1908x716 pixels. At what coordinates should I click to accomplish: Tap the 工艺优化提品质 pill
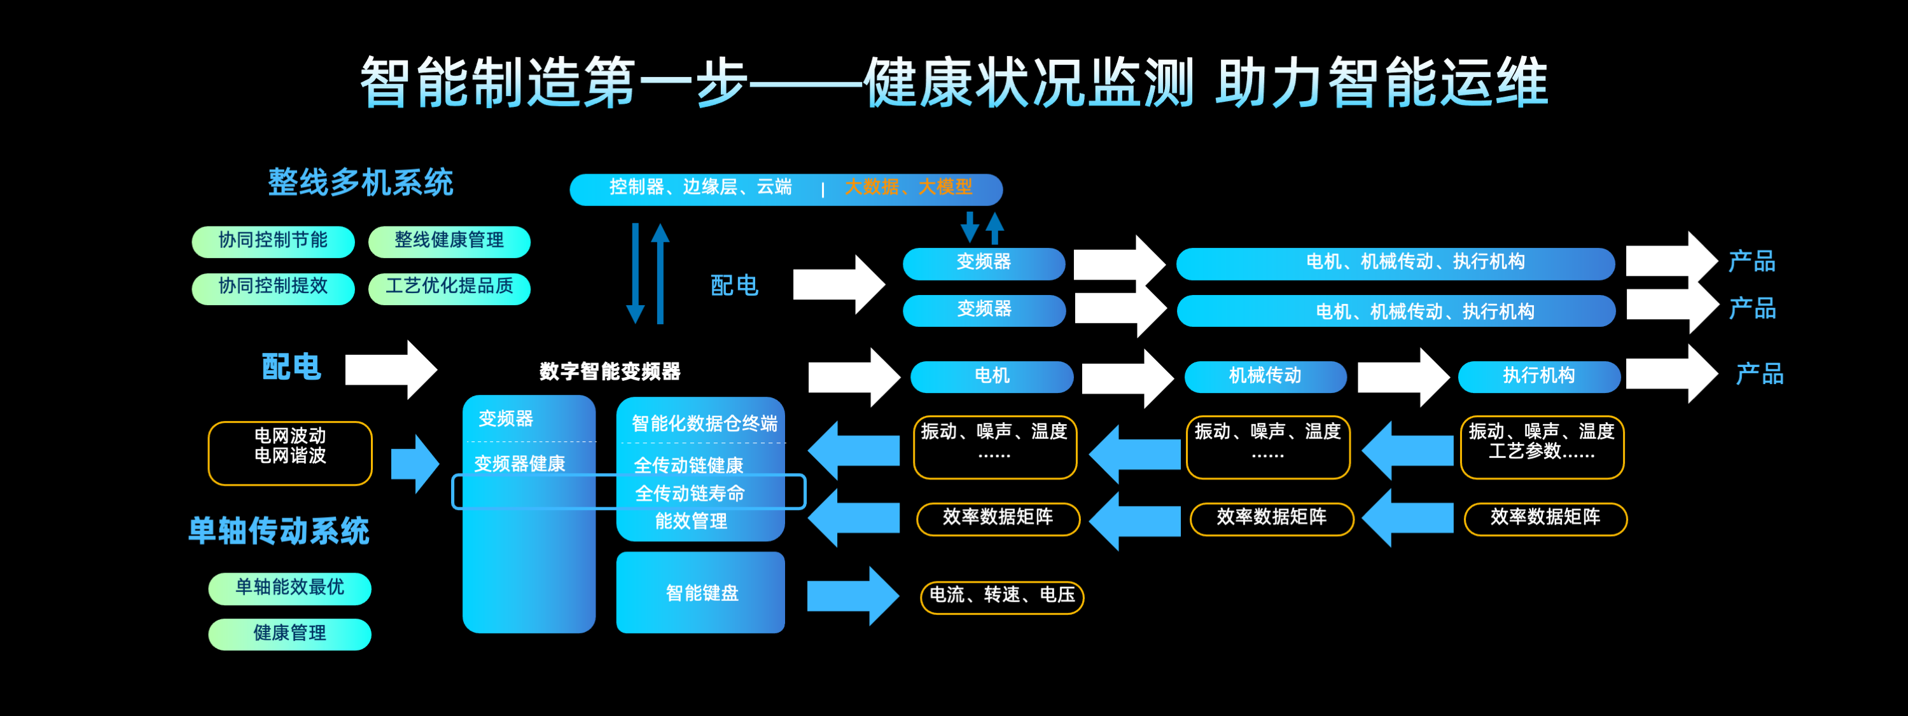pos(449,287)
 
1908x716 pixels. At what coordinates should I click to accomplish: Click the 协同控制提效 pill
pos(272,287)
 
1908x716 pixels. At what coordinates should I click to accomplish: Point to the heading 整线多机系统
pos(360,182)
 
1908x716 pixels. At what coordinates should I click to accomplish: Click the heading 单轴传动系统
pos(279,531)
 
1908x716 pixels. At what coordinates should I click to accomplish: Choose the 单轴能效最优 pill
pos(289,588)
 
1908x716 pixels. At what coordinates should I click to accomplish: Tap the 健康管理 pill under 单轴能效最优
pos(289,634)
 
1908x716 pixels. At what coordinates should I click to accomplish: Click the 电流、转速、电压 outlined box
pos(1001,596)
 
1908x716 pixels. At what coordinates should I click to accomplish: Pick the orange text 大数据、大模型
pos(908,188)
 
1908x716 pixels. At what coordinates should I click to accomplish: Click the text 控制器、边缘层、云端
pos(700,188)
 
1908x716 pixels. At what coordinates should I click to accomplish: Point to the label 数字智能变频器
pos(609,371)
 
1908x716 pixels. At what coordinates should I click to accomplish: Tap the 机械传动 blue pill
pos(1265,376)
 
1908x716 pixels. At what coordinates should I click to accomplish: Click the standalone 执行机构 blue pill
pos(1538,376)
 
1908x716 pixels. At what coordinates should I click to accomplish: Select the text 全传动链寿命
pos(690,493)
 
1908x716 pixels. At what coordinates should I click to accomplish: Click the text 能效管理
pos(690,521)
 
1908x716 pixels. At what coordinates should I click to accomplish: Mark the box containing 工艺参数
pos(1542,447)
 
